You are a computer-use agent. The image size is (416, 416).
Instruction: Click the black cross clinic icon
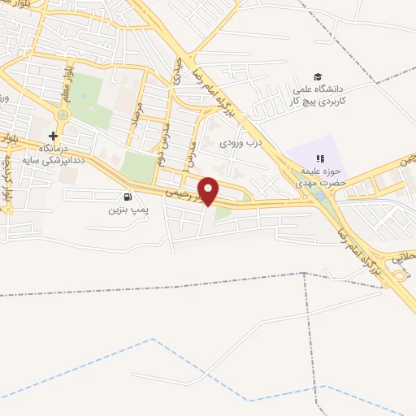53,136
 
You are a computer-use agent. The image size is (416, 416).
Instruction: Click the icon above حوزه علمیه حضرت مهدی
320,158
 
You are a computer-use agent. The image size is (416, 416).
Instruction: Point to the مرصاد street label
139,114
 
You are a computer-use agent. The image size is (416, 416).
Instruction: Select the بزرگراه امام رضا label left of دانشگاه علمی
219,84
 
